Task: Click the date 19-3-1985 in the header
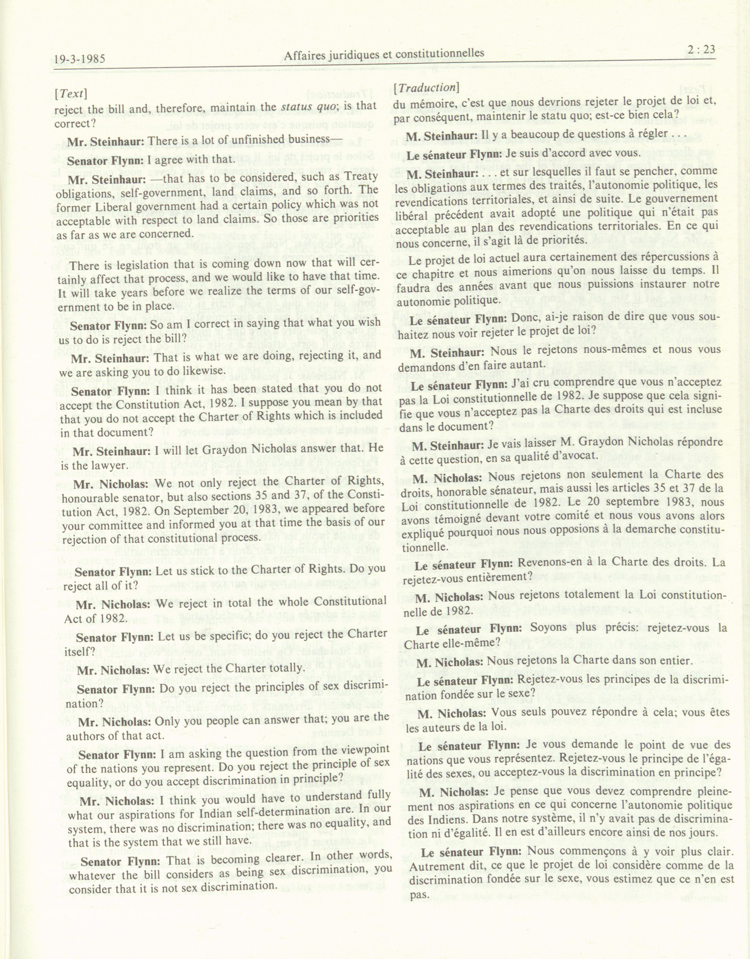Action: (79, 59)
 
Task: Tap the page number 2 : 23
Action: (699, 49)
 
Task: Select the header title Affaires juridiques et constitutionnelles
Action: (384, 54)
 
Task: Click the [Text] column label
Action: (70, 94)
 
